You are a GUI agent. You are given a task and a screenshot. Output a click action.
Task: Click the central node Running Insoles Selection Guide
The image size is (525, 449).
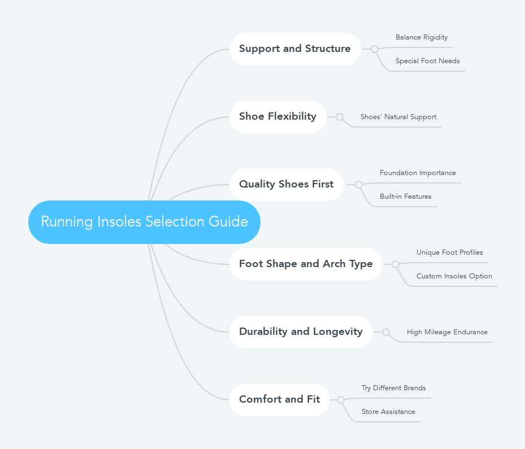click(144, 222)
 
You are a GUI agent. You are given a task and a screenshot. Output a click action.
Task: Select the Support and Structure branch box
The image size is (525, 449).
click(294, 49)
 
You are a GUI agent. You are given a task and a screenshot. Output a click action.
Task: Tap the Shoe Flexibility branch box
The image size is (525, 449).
click(277, 117)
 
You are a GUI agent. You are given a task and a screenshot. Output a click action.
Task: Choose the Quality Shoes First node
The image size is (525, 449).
click(286, 185)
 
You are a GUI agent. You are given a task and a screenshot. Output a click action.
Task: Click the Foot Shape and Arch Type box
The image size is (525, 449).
click(306, 264)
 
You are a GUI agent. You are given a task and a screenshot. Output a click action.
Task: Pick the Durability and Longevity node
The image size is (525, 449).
click(301, 332)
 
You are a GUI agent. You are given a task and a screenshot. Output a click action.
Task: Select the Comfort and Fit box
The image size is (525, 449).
click(279, 400)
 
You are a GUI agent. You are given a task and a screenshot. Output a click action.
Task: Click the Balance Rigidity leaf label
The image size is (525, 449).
click(422, 37)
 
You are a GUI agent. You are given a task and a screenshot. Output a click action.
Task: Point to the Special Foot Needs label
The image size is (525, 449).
click(427, 61)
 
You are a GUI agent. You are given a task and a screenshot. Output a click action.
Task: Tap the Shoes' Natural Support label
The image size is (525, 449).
click(398, 117)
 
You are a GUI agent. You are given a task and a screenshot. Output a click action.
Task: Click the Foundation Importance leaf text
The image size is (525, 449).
click(418, 173)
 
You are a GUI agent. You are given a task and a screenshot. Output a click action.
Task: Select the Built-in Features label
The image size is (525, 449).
click(405, 197)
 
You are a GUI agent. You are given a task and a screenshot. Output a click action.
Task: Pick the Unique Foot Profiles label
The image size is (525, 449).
click(450, 252)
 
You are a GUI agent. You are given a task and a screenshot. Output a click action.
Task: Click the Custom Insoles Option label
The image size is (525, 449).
click(454, 276)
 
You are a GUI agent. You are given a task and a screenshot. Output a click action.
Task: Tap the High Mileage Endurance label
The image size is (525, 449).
click(447, 332)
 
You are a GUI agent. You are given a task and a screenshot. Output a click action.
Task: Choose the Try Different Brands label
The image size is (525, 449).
click(394, 388)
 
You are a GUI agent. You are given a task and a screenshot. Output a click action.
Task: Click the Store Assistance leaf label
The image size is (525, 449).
click(388, 412)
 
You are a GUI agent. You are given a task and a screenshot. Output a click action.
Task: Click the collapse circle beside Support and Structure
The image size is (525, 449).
click(375, 49)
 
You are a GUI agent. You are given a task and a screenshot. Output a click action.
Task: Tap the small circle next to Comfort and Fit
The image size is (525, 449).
click(341, 400)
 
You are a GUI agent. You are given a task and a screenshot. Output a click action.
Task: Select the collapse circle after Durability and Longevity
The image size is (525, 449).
click(386, 332)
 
